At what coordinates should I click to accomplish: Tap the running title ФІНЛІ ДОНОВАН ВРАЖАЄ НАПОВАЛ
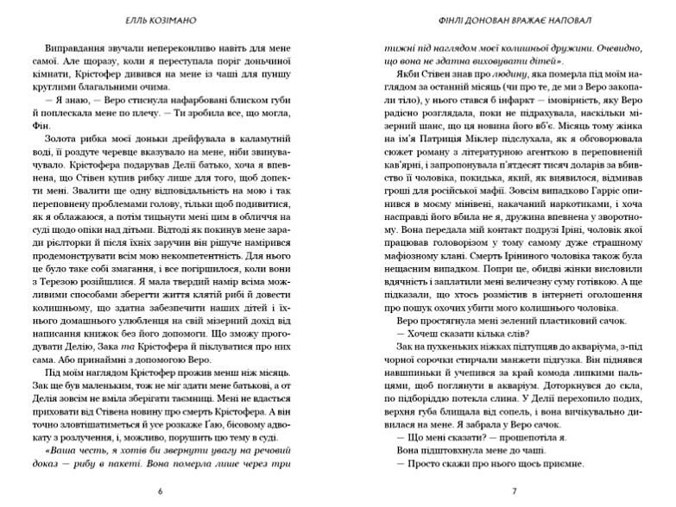(x=514, y=17)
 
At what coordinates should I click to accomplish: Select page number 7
(x=514, y=491)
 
